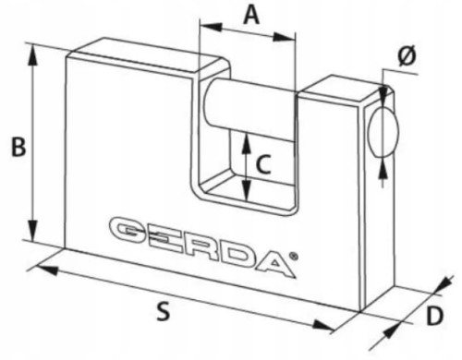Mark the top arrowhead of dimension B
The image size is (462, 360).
tap(33, 49)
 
